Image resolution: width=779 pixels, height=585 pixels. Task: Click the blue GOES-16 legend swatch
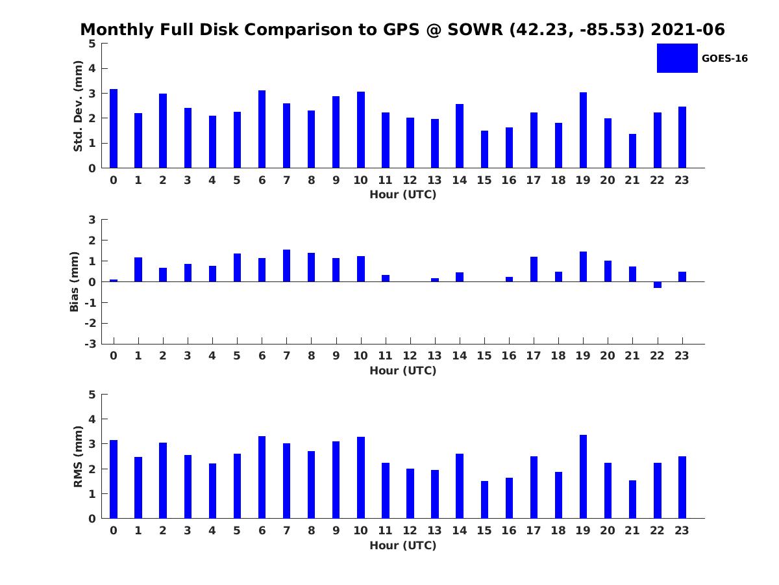[677, 58]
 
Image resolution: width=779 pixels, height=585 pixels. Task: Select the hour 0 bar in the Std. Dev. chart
[114, 129]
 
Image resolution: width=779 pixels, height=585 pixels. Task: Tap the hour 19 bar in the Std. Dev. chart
[583, 130]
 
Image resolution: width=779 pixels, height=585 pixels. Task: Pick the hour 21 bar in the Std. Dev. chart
[632, 151]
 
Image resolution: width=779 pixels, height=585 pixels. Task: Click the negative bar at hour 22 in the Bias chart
[657, 285]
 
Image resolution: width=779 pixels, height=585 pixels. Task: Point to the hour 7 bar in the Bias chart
[286, 266]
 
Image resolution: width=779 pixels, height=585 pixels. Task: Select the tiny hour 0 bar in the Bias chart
[114, 281]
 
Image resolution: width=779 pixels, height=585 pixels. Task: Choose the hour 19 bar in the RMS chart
[583, 476]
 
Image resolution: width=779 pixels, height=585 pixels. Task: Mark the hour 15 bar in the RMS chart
[484, 500]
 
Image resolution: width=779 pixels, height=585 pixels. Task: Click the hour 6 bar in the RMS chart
[262, 477]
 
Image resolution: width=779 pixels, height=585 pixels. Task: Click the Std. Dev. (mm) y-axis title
[78, 106]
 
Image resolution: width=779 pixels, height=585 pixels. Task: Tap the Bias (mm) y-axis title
[74, 282]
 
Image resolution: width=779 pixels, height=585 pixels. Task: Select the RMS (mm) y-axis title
[78, 457]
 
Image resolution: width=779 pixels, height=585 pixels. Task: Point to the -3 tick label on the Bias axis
[90, 344]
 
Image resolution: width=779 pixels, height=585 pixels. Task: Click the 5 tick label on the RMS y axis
[92, 395]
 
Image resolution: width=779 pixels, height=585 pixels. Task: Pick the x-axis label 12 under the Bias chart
[410, 356]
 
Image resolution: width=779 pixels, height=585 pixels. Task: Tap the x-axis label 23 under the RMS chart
[682, 530]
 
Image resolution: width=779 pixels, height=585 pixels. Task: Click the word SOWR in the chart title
[475, 29]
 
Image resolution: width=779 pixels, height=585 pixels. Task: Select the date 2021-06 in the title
[687, 29]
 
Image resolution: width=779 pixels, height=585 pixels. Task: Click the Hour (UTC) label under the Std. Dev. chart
[403, 194]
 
